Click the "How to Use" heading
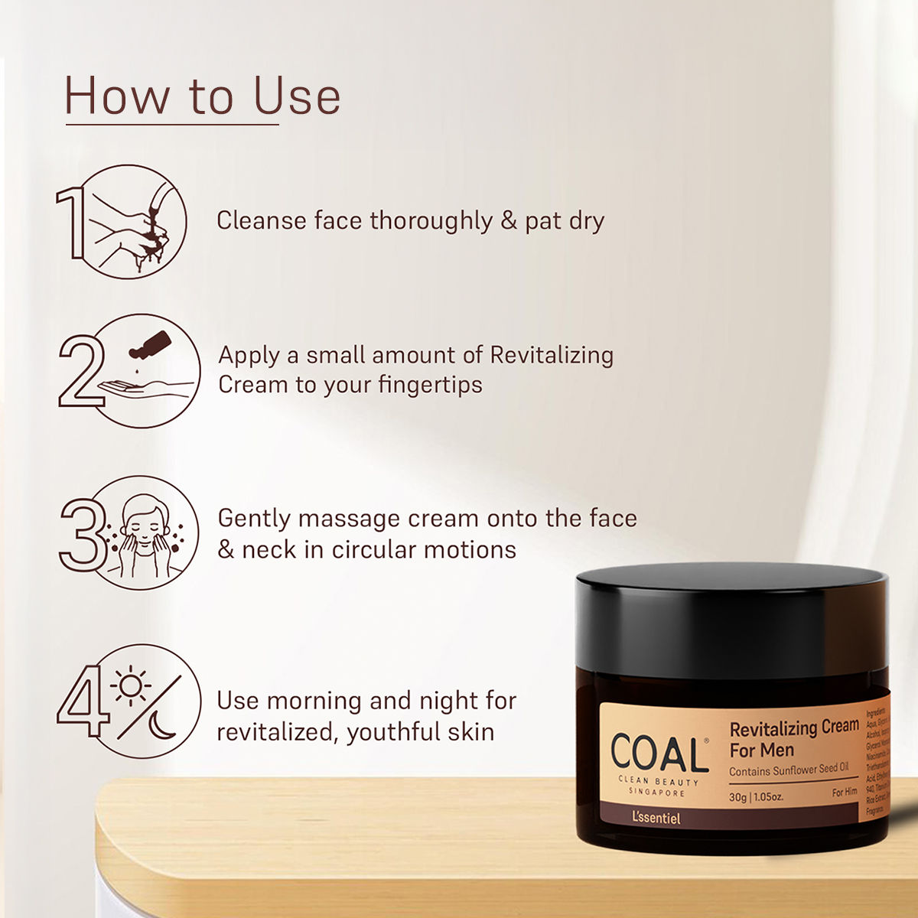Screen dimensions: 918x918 202,96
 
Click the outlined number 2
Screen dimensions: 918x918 79,370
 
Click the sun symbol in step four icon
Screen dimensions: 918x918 131,685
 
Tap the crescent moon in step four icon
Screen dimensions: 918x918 163,724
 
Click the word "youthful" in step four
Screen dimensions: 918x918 395,732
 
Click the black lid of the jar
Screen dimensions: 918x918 731,620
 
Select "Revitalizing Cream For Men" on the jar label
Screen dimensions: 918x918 793,738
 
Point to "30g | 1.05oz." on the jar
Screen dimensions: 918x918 756,796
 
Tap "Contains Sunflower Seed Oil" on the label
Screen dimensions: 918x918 788,770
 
